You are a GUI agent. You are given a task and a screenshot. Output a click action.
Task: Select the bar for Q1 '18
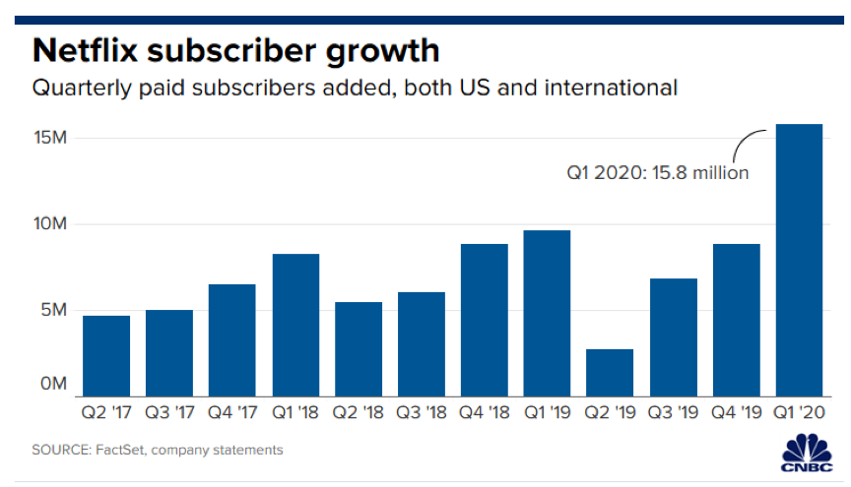tap(295, 324)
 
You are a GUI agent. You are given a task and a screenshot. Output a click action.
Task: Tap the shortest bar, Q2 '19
tap(610, 371)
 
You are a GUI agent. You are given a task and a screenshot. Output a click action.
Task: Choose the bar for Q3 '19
tap(673, 335)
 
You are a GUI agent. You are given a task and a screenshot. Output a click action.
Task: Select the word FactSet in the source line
tap(122, 450)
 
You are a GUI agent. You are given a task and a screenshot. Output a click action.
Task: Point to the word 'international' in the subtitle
tap(618, 88)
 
